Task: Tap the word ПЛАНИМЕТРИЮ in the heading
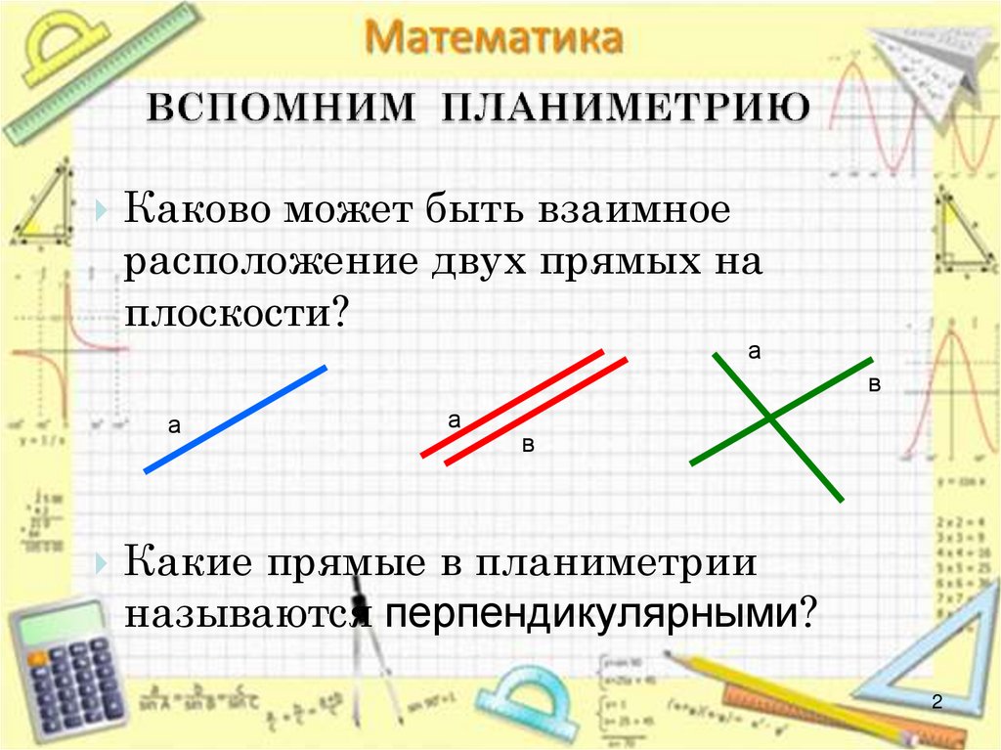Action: pos(626,108)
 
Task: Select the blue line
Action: pos(235,419)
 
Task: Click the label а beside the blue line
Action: pos(174,425)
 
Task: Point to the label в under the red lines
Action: pos(529,446)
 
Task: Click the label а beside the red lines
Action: pos(455,420)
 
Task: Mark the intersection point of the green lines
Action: pos(770,418)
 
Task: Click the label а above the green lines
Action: pos(755,351)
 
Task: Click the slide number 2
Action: pos(936,702)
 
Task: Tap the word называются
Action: pos(244,615)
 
